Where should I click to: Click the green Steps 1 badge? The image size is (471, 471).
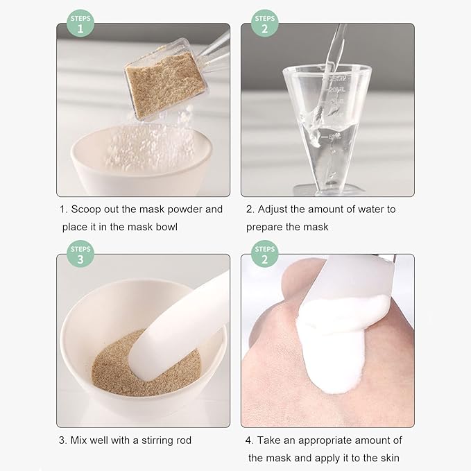80,23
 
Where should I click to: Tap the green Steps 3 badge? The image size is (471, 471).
80,255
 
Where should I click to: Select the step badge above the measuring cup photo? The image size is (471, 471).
264,23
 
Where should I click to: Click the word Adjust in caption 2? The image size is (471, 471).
275,209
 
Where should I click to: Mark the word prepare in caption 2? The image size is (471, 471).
266,227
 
